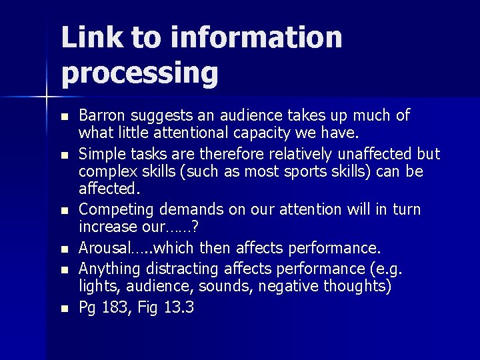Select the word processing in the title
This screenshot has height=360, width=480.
point(139,73)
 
